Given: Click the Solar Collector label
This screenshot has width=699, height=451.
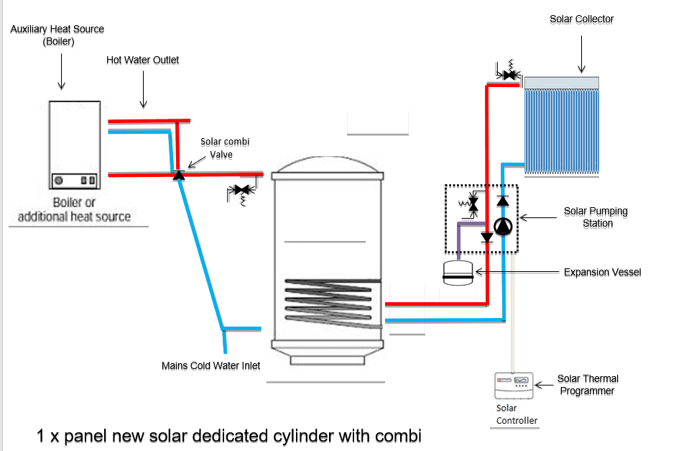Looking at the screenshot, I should pyautogui.click(x=581, y=19).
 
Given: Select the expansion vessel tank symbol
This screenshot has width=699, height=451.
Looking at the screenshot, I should pyautogui.click(x=458, y=273).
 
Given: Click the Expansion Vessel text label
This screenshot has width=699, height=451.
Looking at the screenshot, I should pyautogui.click(x=602, y=273).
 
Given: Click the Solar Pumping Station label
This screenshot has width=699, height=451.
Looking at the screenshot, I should pyautogui.click(x=596, y=217).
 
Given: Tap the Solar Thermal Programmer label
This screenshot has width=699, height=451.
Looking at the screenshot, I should pyautogui.click(x=587, y=384).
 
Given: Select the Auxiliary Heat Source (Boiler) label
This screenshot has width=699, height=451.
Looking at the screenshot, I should pyautogui.click(x=57, y=35).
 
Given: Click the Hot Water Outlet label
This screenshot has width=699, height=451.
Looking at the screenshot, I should pyautogui.click(x=142, y=60).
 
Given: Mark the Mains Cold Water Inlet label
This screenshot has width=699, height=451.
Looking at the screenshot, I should pyautogui.click(x=210, y=365).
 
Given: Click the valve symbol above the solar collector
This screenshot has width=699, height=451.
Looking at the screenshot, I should pyautogui.click(x=511, y=73).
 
